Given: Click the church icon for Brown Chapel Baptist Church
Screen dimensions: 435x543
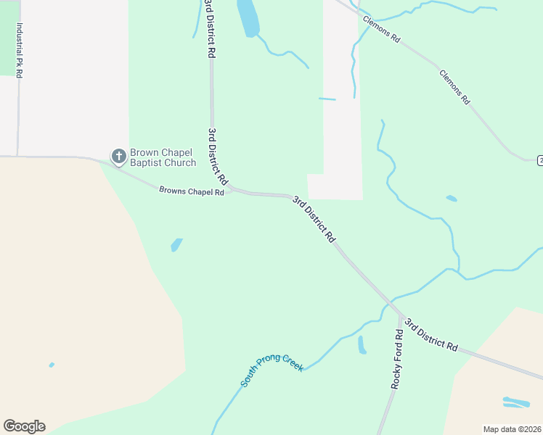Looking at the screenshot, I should pyautogui.click(x=118, y=156).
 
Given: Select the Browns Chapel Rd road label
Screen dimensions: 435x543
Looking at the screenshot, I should pyautogui.click(x=192, y=191).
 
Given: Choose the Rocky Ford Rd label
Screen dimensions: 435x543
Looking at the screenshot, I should pyautogui.click(x=397, y=360).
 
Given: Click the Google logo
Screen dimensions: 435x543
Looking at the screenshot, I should pyautogui.click(x=24, y=426).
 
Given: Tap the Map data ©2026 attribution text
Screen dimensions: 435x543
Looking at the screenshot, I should pyautogui.click(x=512, y=428).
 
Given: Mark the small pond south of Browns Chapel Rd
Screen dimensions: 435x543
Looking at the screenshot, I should pyautogui.click(x=176, y=245).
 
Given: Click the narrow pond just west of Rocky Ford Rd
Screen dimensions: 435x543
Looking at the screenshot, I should pyautogui.click(x=362, y=345).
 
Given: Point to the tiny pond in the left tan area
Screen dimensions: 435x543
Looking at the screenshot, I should pyautogui.click(x=52, y=365).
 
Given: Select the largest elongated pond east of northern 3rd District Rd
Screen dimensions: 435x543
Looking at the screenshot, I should pyautogui.click(x=248, y=17).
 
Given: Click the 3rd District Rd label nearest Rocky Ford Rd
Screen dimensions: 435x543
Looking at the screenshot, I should pyautogui.click(x=431, y=335).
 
